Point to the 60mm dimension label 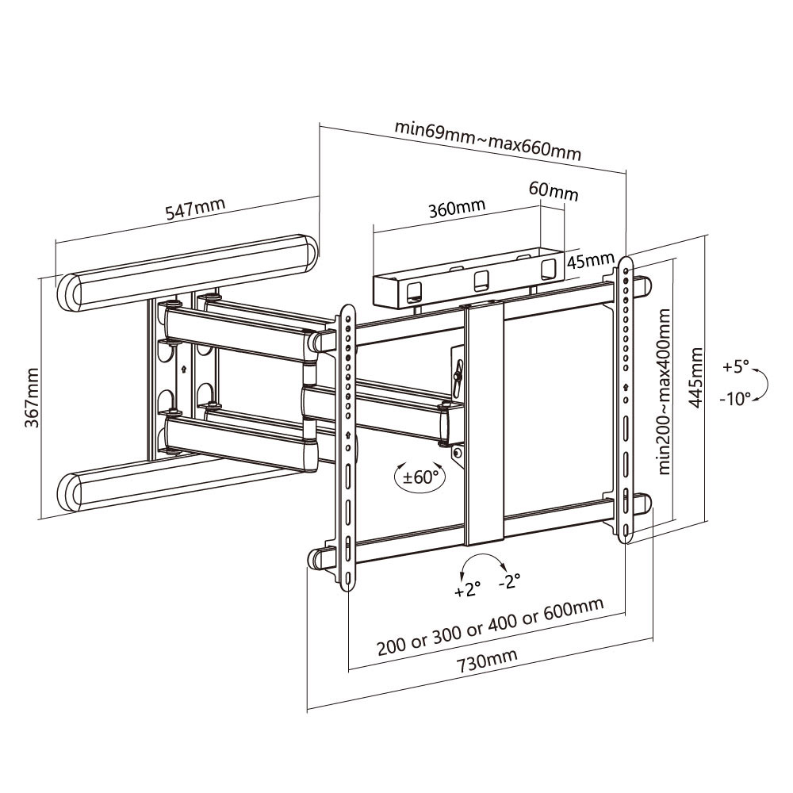click(554, 191)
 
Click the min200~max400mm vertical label click(665, 393)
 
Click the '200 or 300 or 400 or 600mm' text click(489, 624)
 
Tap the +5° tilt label click(735, 367)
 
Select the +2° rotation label click(468, 591)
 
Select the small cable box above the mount click(468, 282)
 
